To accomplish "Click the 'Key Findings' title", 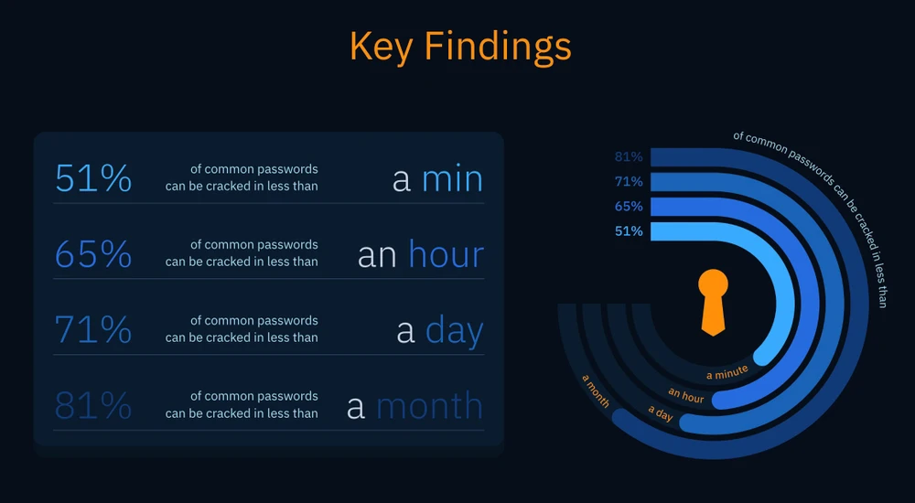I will coord(460,46).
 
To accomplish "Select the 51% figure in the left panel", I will coord(93,178).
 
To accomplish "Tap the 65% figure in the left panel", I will coord(93,254).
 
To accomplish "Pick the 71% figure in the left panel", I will coord(93,330).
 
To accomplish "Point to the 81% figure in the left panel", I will coord(93,406).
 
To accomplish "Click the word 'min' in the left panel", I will coord(452,178).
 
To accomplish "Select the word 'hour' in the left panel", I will coord(446,254).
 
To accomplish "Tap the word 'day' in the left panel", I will coord(454,332).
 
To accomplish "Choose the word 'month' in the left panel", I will coord(429,406).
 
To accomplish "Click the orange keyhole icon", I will coord(713,301).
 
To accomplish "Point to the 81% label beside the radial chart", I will coord(629,156).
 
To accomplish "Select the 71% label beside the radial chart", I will coord(629,181).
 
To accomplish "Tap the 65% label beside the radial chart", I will coord(629,207).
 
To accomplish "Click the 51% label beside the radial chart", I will coord(629,231).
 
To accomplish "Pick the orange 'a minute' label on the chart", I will coord(727,372).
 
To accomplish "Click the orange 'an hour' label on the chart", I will coord(686,396).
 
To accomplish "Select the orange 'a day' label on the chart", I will coord(661,413).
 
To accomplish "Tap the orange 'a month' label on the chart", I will coord(596,391).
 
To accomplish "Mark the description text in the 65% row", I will coord(242,253).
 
